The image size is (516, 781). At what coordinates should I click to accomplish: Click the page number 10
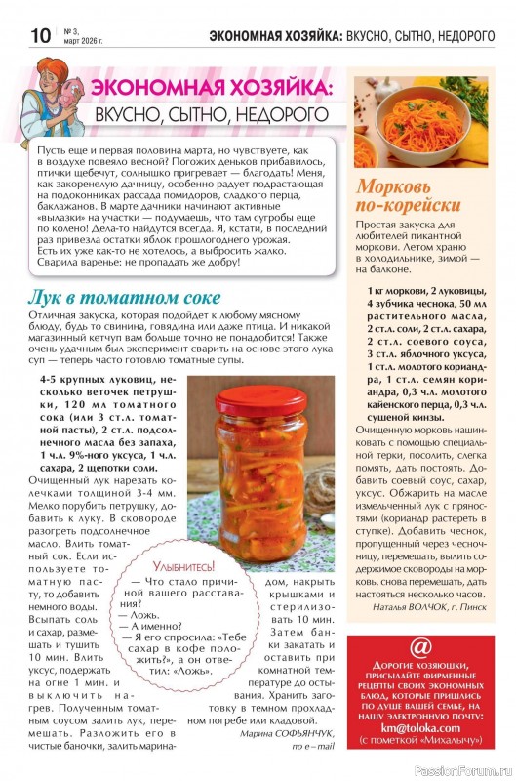coord(40,36)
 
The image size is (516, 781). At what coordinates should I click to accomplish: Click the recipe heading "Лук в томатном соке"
coord(125,298)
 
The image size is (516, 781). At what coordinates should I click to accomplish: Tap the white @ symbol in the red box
coord(421,646)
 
